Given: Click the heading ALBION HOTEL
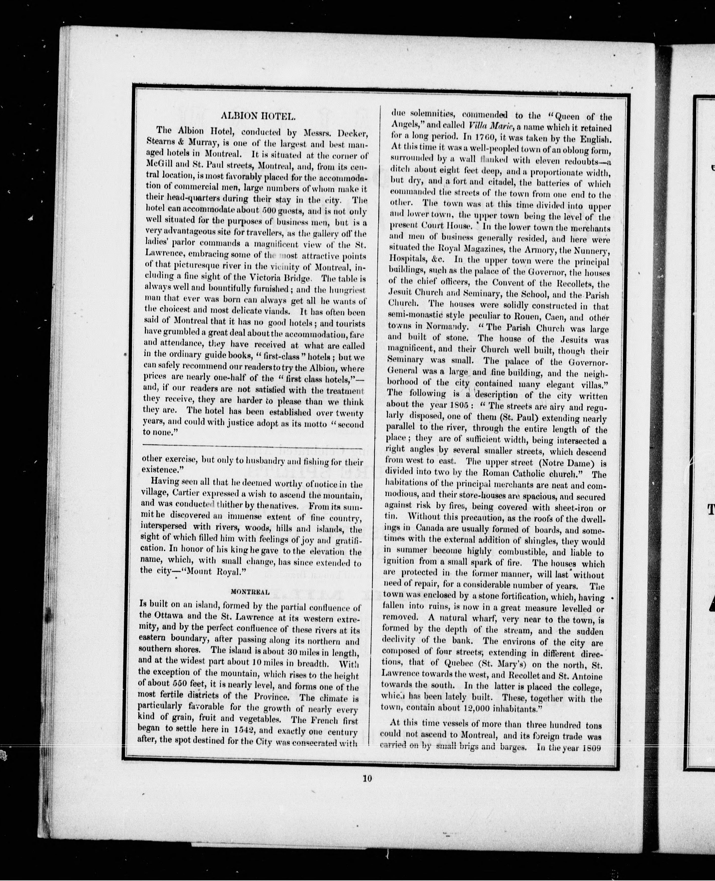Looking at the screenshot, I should click(258, 116).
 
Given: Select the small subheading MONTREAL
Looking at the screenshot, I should click(250, 592).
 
